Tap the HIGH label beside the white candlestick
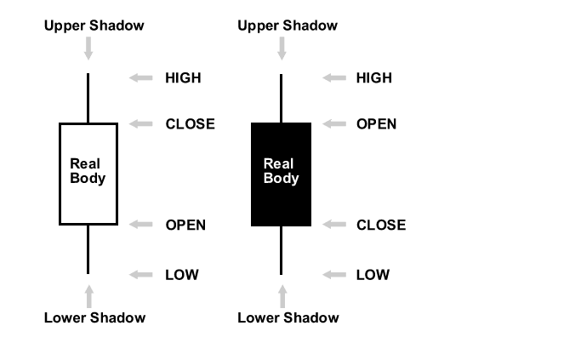tap(183, 78)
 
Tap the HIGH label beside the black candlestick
tap(374, 78)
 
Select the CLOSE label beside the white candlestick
tap(190, 124)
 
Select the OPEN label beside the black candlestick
tap(376, 124)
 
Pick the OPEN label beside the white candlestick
tap(185, 226)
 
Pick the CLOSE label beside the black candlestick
tap(381, 226)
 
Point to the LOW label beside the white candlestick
tap(181, 275)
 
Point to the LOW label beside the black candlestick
tap(373, 275)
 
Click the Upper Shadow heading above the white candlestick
tap(94, 26)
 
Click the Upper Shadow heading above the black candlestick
tap(288, 26)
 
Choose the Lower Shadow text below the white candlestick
tap(94, 318)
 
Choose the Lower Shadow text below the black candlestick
tap(288, 318)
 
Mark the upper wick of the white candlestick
tap(88, 98)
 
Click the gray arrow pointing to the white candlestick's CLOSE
tap(140, 124)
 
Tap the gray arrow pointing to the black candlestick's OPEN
tap(333, 124)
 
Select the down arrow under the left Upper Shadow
tap(88, 48)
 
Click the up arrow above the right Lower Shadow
tap(282, 296)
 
